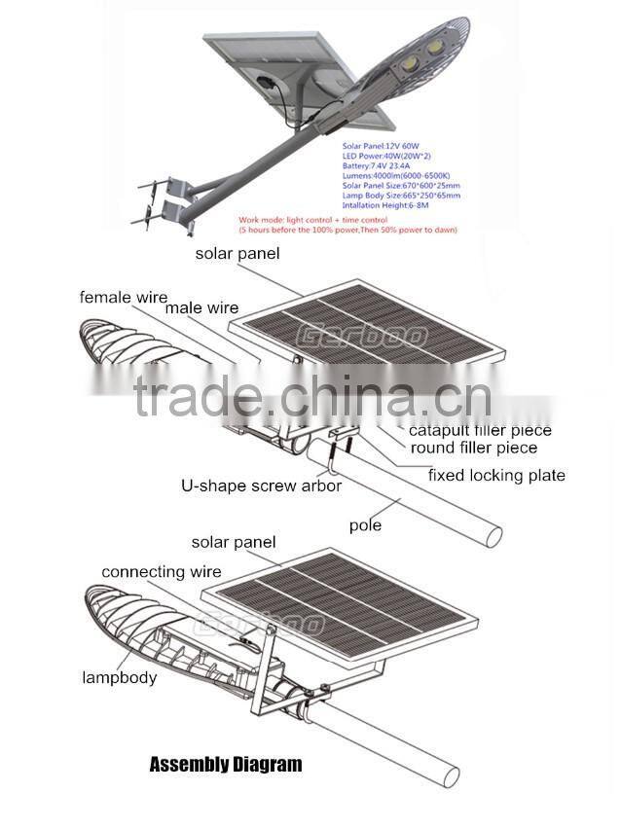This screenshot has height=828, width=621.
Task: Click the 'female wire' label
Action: click(123, 297)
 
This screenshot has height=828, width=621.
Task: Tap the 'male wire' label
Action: click(201, 307)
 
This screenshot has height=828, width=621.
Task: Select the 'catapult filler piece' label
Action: click(480, 430)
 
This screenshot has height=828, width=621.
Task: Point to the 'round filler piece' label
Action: click(473, 448)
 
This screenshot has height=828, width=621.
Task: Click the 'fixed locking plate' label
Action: click(496, 475)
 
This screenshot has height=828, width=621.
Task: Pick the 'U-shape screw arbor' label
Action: click(261, 485)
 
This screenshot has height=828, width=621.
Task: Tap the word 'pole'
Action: click(365, 525)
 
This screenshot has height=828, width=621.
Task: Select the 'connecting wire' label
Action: click(161, 572)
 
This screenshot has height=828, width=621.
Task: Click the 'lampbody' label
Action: click(119, 677)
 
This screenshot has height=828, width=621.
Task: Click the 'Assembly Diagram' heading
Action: click(225, 764)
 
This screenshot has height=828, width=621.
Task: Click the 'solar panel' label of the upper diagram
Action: click(237, 254)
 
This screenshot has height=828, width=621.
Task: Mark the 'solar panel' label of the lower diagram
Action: click(233, 542)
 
